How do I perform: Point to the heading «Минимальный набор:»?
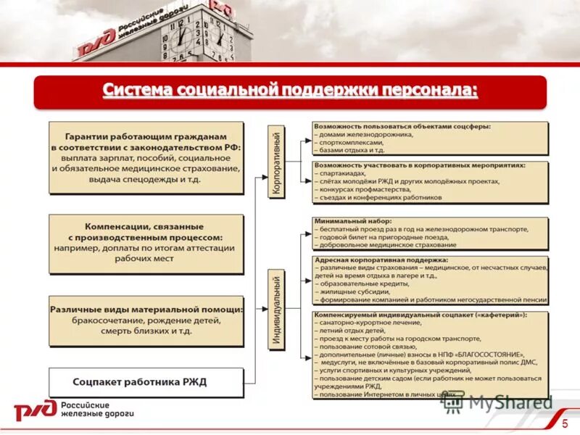point(353,220)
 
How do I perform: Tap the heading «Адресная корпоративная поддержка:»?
point(381,260)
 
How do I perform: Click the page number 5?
point(565,423)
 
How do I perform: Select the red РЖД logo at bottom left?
point(35,410)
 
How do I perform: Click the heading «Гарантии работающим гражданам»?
point(146,136)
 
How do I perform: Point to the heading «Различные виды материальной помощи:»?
point(146,309)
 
